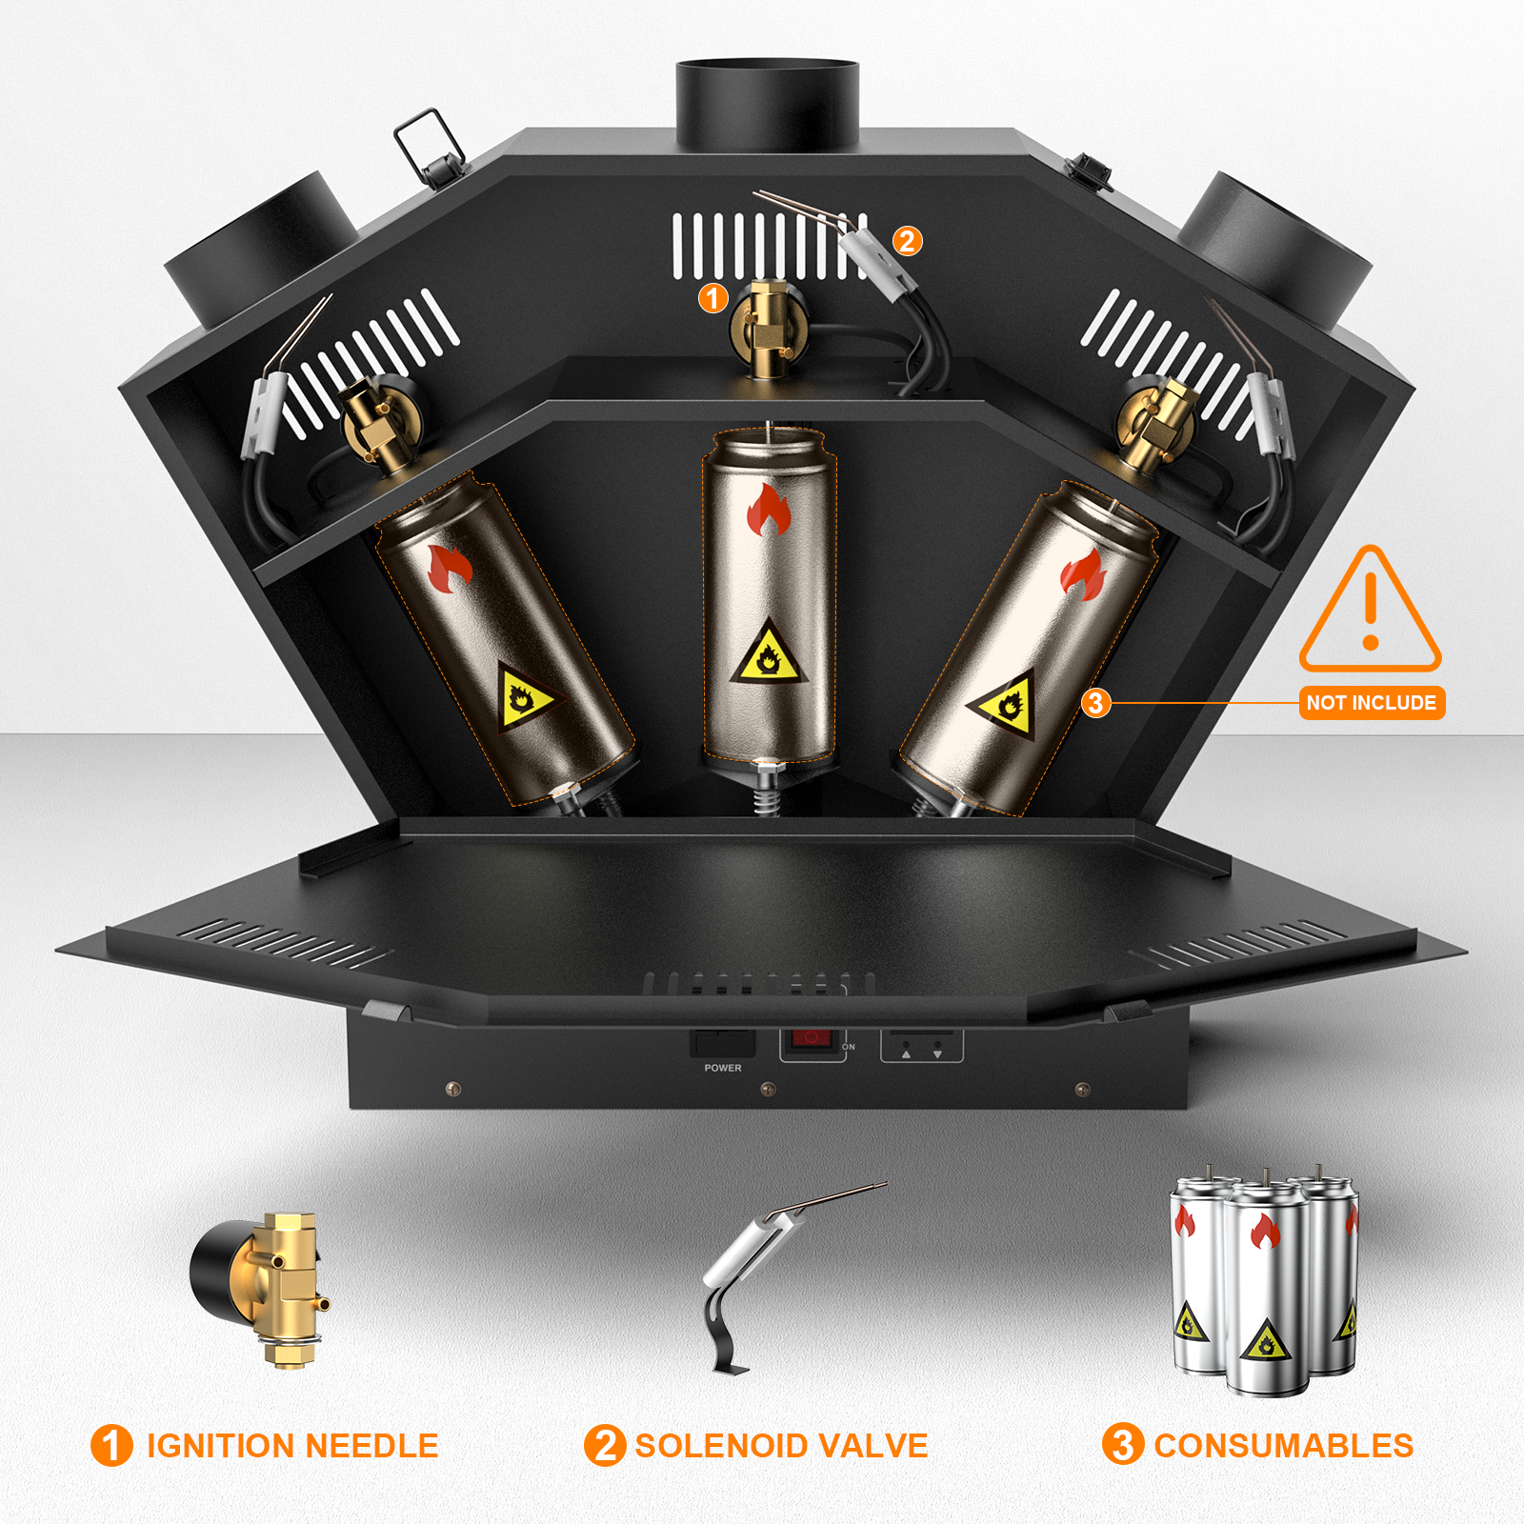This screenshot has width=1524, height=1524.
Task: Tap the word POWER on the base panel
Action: point(723,1068)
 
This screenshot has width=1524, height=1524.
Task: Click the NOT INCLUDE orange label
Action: point(1372,703)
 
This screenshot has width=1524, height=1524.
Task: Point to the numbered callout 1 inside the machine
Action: point(712,298)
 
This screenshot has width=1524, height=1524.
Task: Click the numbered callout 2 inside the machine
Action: point(907,241)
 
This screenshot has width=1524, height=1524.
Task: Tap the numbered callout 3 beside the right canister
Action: point(1095,703)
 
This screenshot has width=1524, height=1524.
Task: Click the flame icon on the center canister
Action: point(769,510)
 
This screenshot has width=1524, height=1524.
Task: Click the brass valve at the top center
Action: point(770,327)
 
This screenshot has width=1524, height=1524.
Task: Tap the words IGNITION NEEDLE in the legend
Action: point(292,1446)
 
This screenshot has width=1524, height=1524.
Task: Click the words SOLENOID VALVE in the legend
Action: point(781,1446)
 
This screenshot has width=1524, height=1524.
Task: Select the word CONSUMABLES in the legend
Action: point(1283,1446)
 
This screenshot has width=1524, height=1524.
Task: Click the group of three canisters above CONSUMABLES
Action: point(1264,1279)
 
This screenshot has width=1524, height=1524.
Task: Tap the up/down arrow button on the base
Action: point(921,1047)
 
